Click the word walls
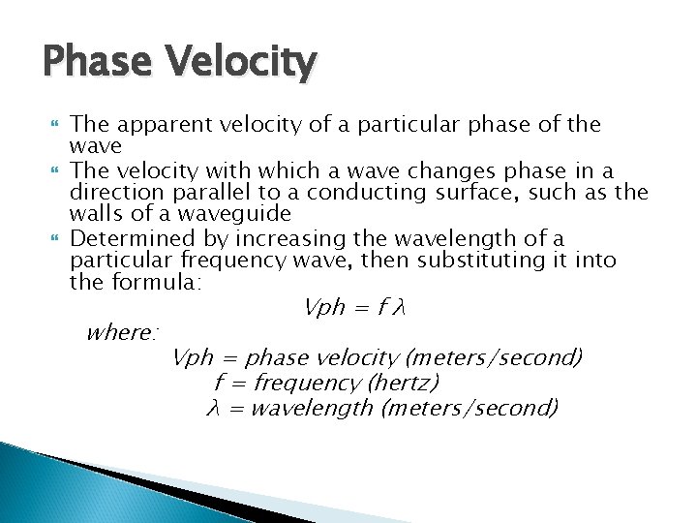pyautogui.click(x=97, y=214)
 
